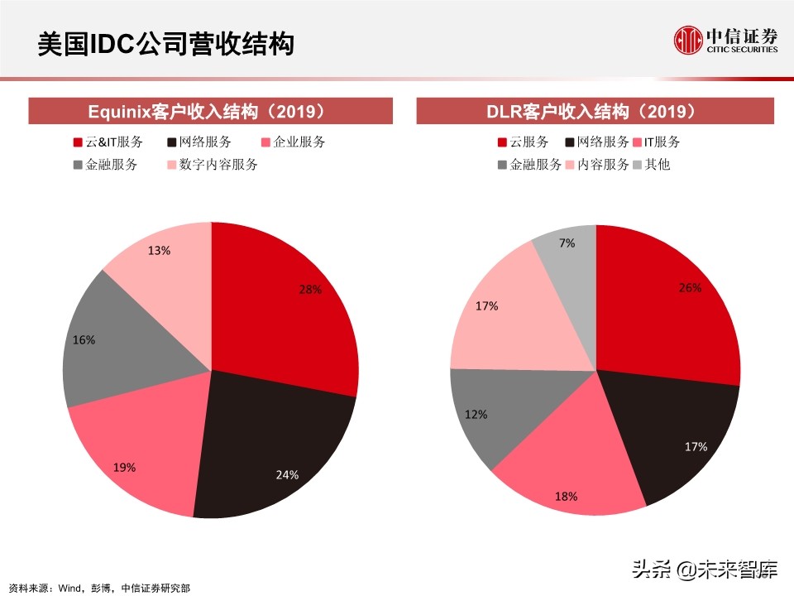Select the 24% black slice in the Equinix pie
coord(273,447)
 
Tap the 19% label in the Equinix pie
coord(124,468)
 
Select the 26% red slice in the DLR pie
coord(670,306)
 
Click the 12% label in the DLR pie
coord(476,414)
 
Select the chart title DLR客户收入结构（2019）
coord(595,111)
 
